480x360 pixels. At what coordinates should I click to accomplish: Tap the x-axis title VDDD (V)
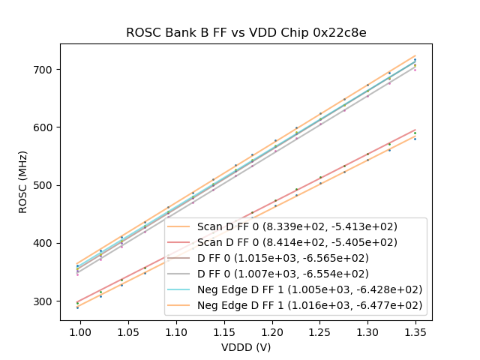point(246,347)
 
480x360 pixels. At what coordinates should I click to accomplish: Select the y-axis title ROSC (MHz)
point(23,182)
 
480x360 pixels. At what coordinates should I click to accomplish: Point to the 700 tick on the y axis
point(43,70)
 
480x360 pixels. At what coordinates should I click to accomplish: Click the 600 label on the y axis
point(43,127)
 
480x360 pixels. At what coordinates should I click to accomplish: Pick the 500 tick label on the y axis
point(43,185)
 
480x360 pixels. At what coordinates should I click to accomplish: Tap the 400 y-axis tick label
point(43,243)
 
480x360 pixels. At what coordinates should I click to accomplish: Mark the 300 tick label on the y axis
point(43,301)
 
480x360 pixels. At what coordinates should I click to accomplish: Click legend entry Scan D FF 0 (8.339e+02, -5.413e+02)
point(297,226)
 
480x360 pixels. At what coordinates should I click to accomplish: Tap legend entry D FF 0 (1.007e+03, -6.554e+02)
point(285,274)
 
